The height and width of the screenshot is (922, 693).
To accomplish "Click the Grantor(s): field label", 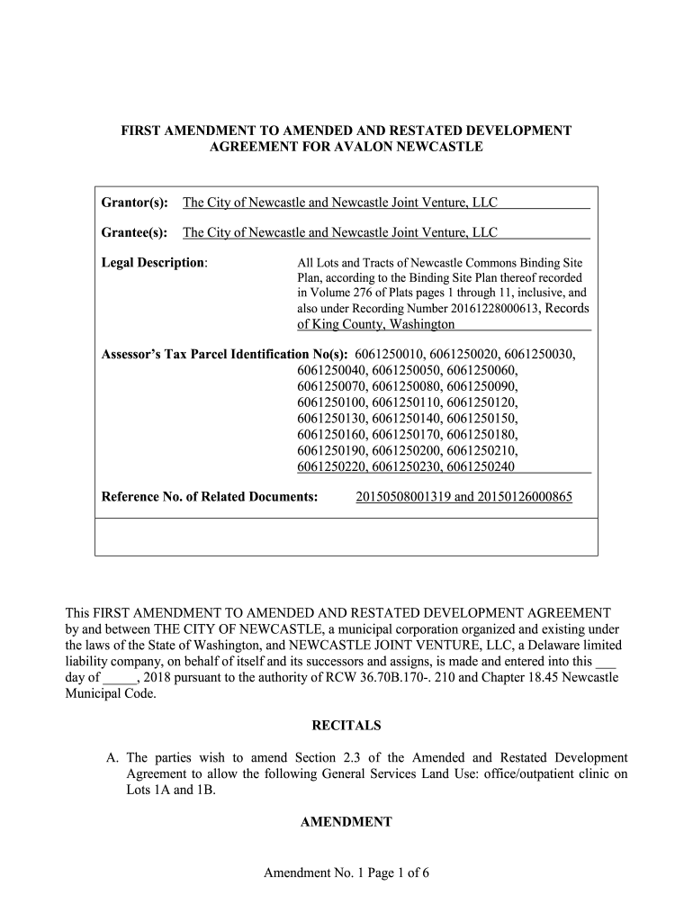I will tap(134, 203).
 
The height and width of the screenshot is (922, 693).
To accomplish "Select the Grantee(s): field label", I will tap(134, 233).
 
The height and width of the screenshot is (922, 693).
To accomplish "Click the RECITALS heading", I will tap(346, 725).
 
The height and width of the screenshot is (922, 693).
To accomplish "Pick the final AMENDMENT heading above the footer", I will tap(346, 822).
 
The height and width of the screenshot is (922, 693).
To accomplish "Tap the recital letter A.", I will tap(112, 758).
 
